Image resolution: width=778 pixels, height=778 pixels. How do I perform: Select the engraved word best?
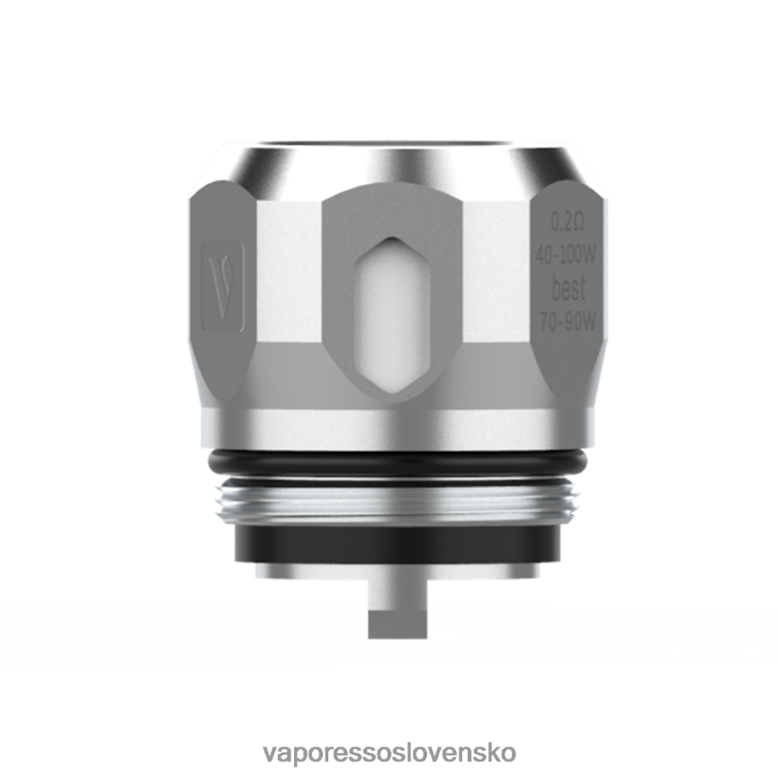(x=568, y=290)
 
